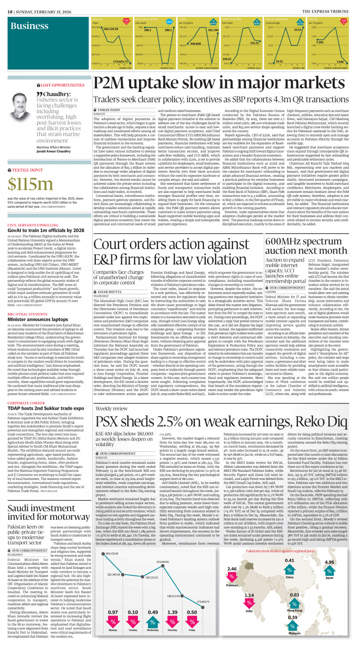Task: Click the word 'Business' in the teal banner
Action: [29, 26]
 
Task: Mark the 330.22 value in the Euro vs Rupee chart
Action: [227, 59]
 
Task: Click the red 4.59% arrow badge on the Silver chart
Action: [344, 21]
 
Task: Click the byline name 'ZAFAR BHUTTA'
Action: [108, 268]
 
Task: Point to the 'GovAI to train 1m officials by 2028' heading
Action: [45, 230]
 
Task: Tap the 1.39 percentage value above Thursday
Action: [172, 612]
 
